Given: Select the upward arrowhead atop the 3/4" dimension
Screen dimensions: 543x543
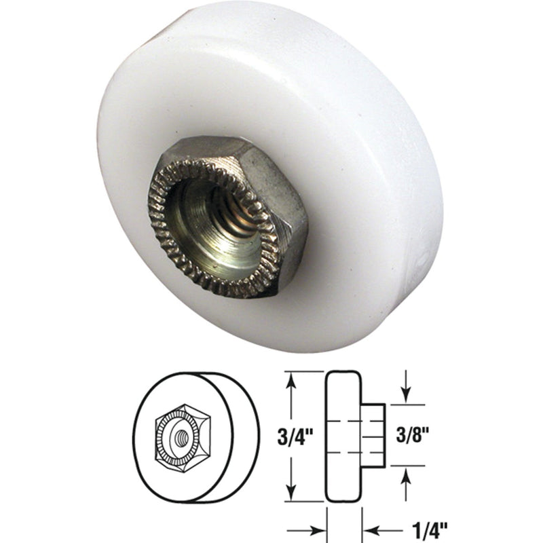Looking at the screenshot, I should [292, 377].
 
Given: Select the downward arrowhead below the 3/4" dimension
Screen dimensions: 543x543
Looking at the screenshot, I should [292, 494].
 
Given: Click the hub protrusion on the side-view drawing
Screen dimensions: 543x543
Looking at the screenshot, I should [373, 435].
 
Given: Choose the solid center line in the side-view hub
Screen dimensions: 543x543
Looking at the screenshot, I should [373, 435].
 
